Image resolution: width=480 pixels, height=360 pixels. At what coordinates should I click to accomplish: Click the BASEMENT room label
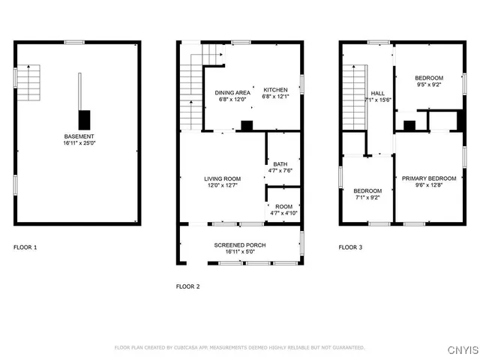coord(79,136)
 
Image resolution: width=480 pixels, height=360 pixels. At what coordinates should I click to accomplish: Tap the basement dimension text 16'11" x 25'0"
coord(79,142)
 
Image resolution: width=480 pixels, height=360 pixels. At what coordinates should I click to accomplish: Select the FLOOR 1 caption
coord(25,247)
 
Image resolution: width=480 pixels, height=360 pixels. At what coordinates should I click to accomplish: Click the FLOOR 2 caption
coord(187,286)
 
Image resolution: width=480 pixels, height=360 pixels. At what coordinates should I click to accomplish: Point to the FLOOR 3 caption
coord(350,247)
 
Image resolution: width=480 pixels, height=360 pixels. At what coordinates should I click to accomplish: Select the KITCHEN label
coord(274,90)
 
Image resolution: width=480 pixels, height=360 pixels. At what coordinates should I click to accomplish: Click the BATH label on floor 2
coord(280,164)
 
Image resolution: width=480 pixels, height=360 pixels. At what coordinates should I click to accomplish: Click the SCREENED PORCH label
coord(239,245)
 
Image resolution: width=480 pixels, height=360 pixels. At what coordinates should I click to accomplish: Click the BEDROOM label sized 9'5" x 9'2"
coord(429,79)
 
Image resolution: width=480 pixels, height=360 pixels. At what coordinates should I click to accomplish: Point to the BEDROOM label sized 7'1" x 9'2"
coord(367,190)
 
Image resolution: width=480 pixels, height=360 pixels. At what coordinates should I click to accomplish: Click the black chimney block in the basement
coord(85,118)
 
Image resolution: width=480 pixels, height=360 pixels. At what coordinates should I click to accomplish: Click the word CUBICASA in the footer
coord(192,348)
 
